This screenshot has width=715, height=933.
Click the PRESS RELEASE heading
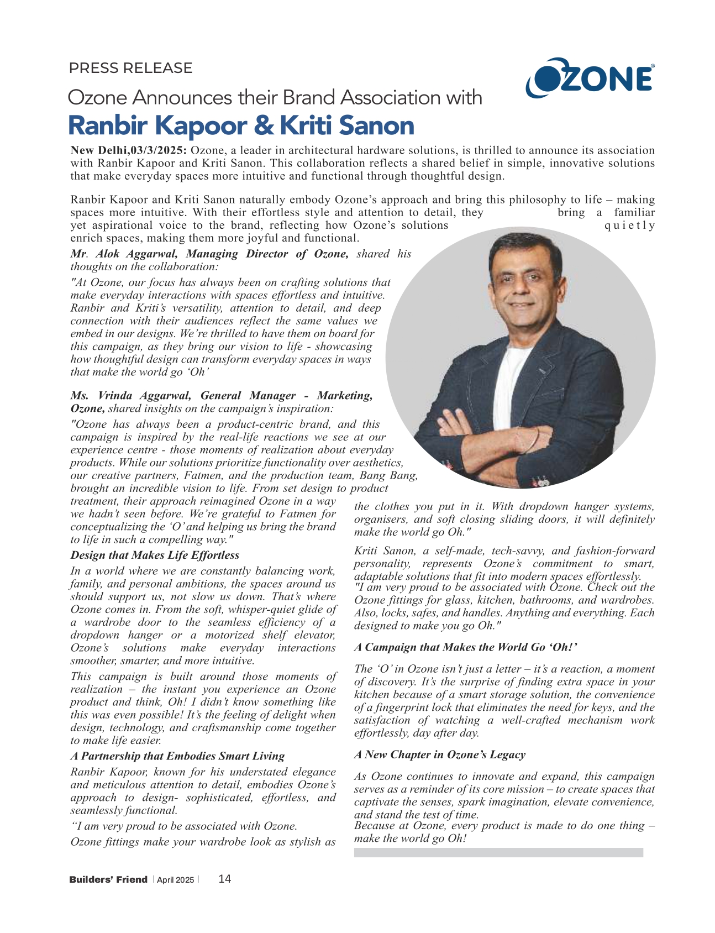tap(130, 68)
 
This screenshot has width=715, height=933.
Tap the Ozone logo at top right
tap(590, 78)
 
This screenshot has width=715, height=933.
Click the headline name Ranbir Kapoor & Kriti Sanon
tap(241, 125)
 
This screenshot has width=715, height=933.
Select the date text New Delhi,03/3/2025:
tap(129, 150)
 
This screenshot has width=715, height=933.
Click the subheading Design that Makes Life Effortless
tap(155, 555)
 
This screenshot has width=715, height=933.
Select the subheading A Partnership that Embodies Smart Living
tap(177, 756)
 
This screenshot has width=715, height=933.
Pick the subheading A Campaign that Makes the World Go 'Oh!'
tap(466, 647)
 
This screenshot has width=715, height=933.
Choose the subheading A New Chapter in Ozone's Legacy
tap(440, 754)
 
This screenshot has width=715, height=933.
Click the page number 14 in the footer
tap(225, 879)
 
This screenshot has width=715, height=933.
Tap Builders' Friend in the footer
tap(108, 879)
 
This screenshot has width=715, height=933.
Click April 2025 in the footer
tap(175, 880)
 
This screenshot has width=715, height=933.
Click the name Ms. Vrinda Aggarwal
tap(130, 395)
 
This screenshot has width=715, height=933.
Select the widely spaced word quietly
tap(630, 226)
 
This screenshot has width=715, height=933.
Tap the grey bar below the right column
tap(498, 852)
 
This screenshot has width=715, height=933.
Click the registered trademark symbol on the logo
tap(653, 66)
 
